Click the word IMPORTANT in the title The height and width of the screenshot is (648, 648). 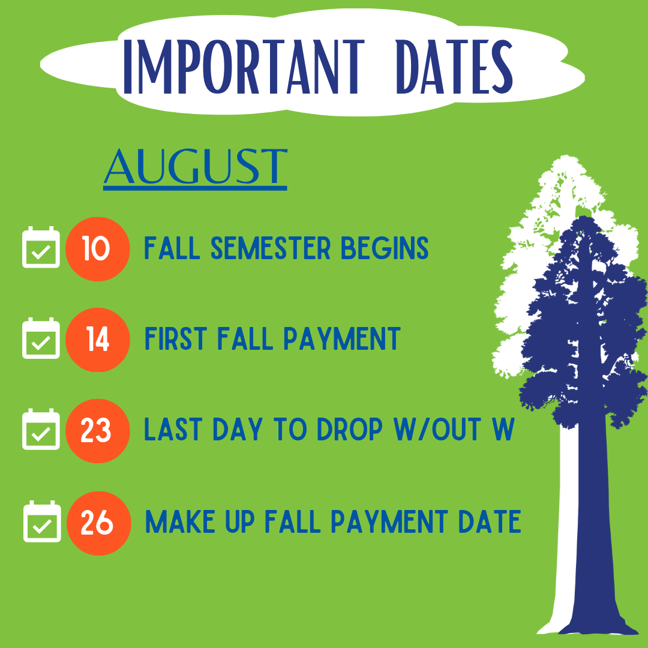click(x=244, y=67)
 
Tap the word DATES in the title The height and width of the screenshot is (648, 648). click(x=454, y=67)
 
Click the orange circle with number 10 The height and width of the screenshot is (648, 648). click(x=98, y=249)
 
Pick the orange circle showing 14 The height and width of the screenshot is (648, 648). click(x=98, y=340)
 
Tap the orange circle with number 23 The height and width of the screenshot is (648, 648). click(x=98, y=431)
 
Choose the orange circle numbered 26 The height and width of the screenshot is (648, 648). click(x=99, y=523)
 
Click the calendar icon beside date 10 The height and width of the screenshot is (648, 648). click(x=41, y=247)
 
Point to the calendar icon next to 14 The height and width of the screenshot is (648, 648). click(x=41, y=338)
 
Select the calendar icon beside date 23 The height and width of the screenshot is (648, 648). click(x=41, y=429)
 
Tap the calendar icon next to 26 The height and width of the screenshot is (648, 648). click(x=42, y=521)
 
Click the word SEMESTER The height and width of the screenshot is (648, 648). click(x=271, y=248)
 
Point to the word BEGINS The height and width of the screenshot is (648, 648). click(x=385, y=248)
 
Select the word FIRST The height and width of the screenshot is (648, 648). click(x=176, y=338)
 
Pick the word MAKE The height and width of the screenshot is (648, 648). click(x=180, y=521)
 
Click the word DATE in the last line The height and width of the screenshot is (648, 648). click(x=490, y=521)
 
